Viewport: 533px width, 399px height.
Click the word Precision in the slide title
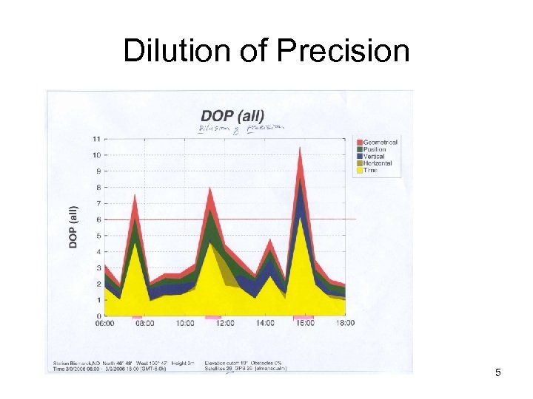click(343, 51)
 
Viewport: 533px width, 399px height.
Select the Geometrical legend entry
click(379, 142)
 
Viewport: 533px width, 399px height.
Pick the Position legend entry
click(374, 149)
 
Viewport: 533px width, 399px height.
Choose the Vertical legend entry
click(373, 157)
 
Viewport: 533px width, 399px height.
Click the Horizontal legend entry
click(377, 163)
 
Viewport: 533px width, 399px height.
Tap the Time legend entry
click(369, 171)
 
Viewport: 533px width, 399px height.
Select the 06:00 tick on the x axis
click(105, 323)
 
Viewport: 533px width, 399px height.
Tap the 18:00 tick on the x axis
click(345, 323)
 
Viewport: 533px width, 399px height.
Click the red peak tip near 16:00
click(300, 147)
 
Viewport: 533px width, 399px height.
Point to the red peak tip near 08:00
click(135, 195)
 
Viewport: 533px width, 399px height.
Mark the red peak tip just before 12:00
click(210, 188)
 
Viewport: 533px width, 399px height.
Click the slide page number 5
click(498, 372)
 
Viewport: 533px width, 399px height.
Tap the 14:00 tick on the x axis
click(265, 323)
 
